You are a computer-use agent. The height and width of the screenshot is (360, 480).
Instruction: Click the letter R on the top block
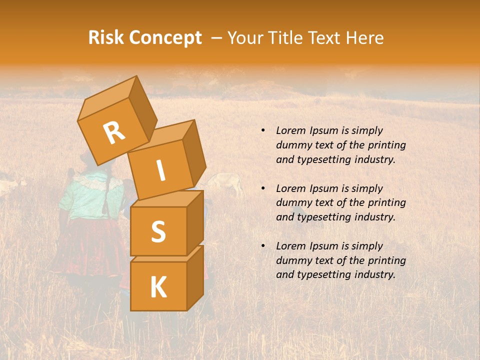click(x=114, y=133)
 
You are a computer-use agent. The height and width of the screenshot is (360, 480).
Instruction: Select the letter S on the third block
click(x=158, y=231)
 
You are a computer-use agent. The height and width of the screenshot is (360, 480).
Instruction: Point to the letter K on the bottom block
click(x=158, y=287)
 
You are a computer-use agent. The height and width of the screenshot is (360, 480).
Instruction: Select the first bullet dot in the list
click(x=263, y=130)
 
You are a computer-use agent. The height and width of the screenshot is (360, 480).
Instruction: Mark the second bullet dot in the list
click(x=263, y=188)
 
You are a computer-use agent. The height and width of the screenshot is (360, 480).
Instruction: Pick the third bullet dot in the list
click(x=263, y=246)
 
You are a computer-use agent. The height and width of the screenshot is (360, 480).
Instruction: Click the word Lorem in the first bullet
click(x=290, y=130)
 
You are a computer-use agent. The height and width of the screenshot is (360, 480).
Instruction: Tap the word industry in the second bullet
click(x=375, y=217)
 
